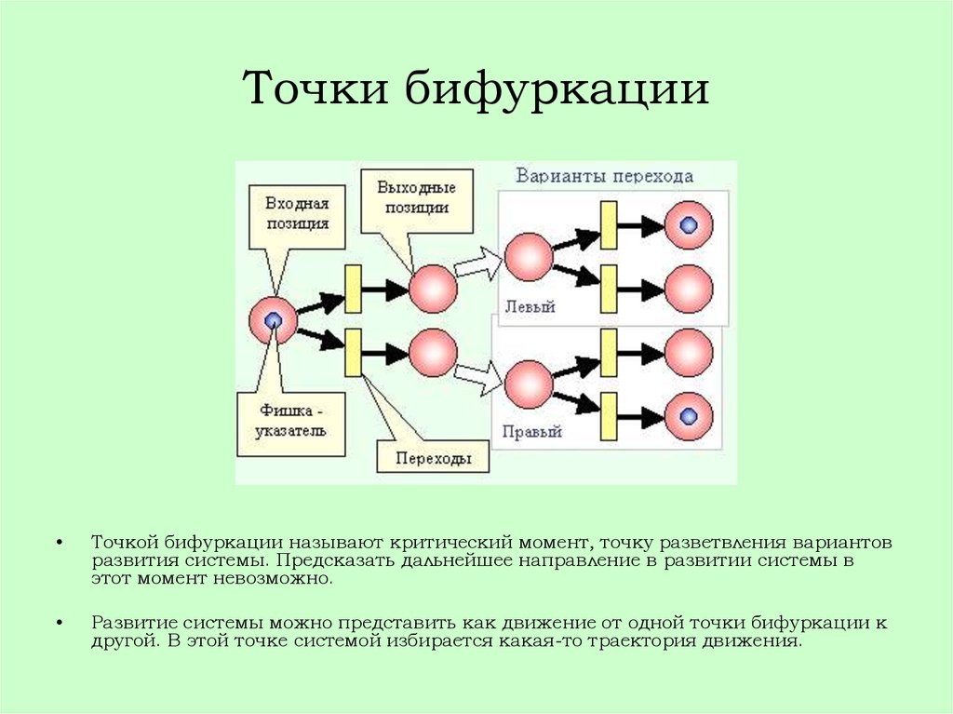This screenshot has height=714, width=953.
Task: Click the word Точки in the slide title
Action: tap(315, 88)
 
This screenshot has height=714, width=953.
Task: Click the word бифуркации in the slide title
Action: tap(557, 89)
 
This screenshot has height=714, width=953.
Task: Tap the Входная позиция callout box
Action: tap(297, 217)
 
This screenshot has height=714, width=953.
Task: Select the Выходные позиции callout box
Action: tap(417, 201)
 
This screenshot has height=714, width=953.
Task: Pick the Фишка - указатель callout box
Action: tap(291, 424)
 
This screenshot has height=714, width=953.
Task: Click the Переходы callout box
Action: tap(434, 457)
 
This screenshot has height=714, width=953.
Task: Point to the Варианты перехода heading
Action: tap(605, 176)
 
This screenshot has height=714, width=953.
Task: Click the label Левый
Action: tap(530, 306)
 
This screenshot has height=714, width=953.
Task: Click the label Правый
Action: tap(531, 432)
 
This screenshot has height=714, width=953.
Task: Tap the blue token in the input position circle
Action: tap(274, 320)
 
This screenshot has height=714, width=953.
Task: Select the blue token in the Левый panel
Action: tap(689, 225)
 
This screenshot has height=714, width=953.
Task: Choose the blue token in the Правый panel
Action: tap(689, 416)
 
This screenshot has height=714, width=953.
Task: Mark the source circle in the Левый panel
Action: tap(529, 257)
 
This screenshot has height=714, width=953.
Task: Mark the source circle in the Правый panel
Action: tap(529, 384)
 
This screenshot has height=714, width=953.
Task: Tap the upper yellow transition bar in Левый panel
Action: tap(609, 225)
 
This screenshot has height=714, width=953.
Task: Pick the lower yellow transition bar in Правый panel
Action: tap(609, 416)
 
